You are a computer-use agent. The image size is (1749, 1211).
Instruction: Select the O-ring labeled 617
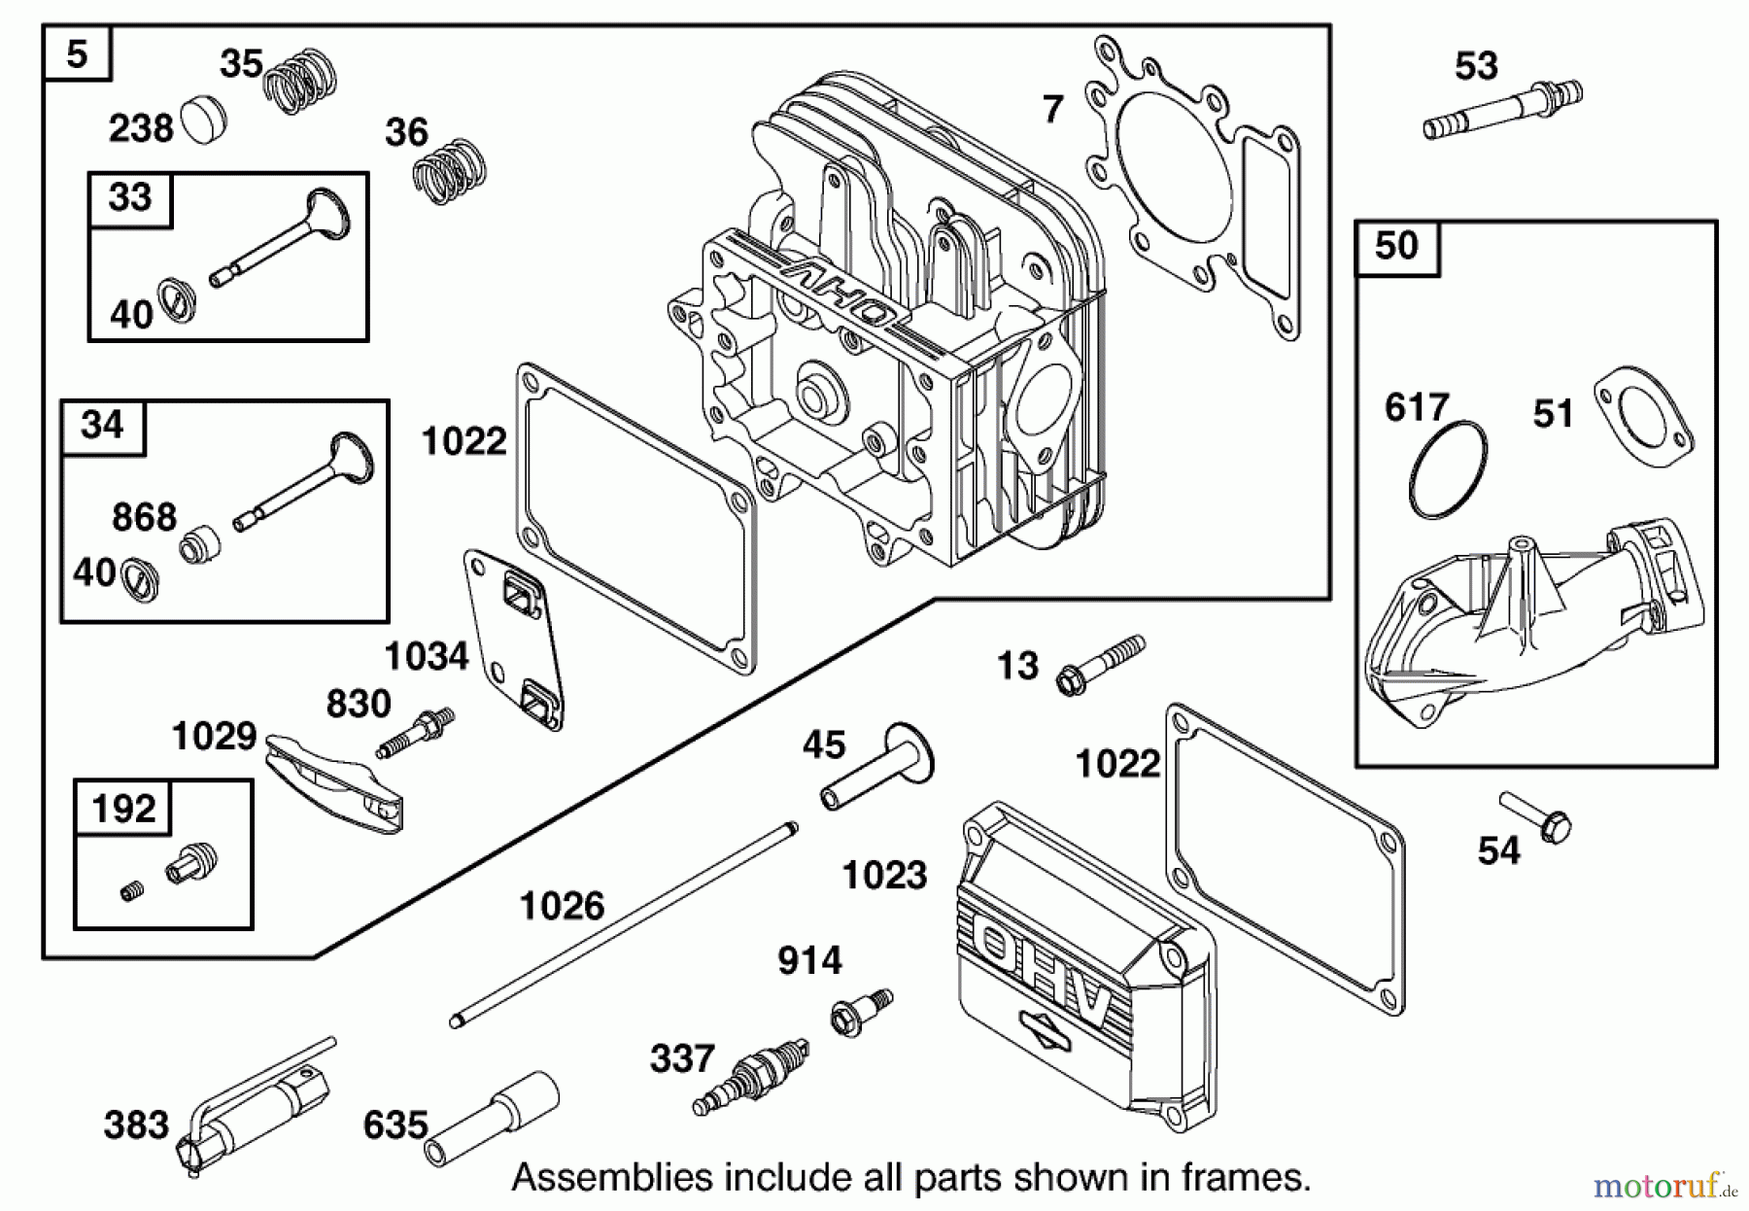coord(1447,470)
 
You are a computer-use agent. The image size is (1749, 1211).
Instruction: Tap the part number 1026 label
coord(562,906)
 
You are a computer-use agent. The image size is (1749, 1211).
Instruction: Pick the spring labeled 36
coord(450,171)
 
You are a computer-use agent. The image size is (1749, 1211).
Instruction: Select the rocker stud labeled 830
coord(416,734)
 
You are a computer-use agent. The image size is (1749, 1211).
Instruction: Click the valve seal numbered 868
coord(200,543)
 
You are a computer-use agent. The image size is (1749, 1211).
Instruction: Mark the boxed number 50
coord(1396,246)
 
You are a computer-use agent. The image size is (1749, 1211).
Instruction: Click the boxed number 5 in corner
coord(77,53)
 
